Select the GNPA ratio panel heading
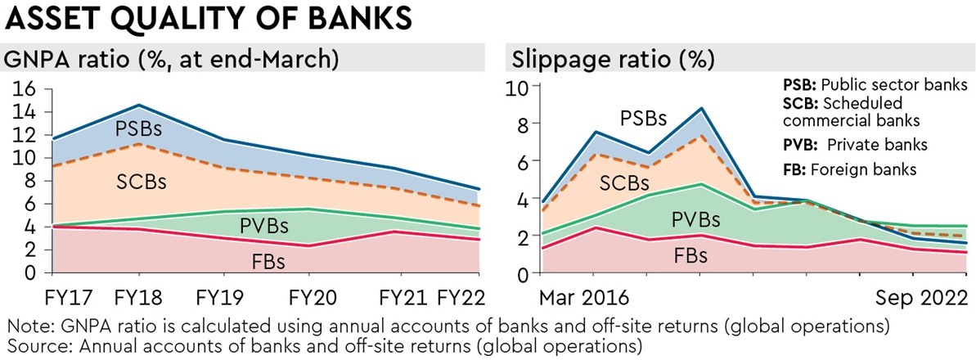pyautogui.click(x=173, y=60)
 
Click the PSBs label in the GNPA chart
pyautogui.click(x=138, y=128)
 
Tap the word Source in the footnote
pyautogui.click(x=32, y=344)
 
